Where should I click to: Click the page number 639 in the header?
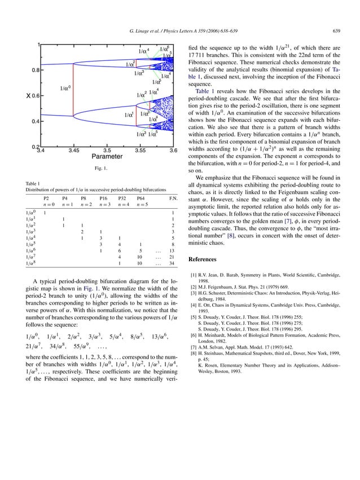click(x=336, y=30)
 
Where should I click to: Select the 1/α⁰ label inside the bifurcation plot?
click(x=65, y=88)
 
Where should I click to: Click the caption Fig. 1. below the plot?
click(x=102, y=169)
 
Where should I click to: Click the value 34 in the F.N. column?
click(x=172, y=263)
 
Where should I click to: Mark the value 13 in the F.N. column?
click(x=172, y=250)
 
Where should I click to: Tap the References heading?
click(x=203, y=259)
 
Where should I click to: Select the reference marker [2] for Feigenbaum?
click(x=194, y=287)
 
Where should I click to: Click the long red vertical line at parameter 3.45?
click(x=73, y=90)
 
